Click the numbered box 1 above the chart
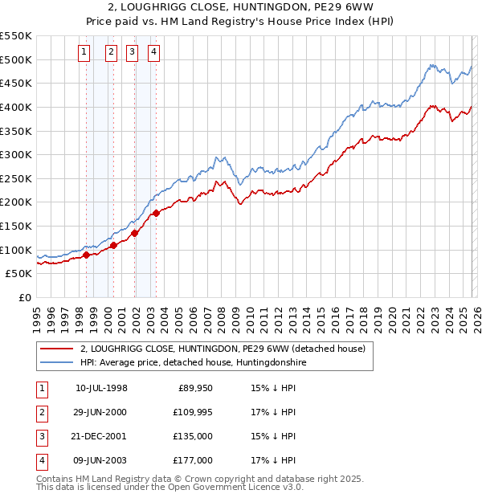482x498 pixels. point(84,53)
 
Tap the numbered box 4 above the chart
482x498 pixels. point(153,53)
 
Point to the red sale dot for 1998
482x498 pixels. point(86,255)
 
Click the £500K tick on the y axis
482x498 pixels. point(16,59)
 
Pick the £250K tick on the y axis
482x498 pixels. point(16,178)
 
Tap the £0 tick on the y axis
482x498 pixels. point(24,297)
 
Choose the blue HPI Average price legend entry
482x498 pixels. point(193,363)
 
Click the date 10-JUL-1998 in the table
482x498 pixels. point(101,388)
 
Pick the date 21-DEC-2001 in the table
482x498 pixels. point(101,436)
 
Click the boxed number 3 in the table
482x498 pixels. point(41,436)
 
